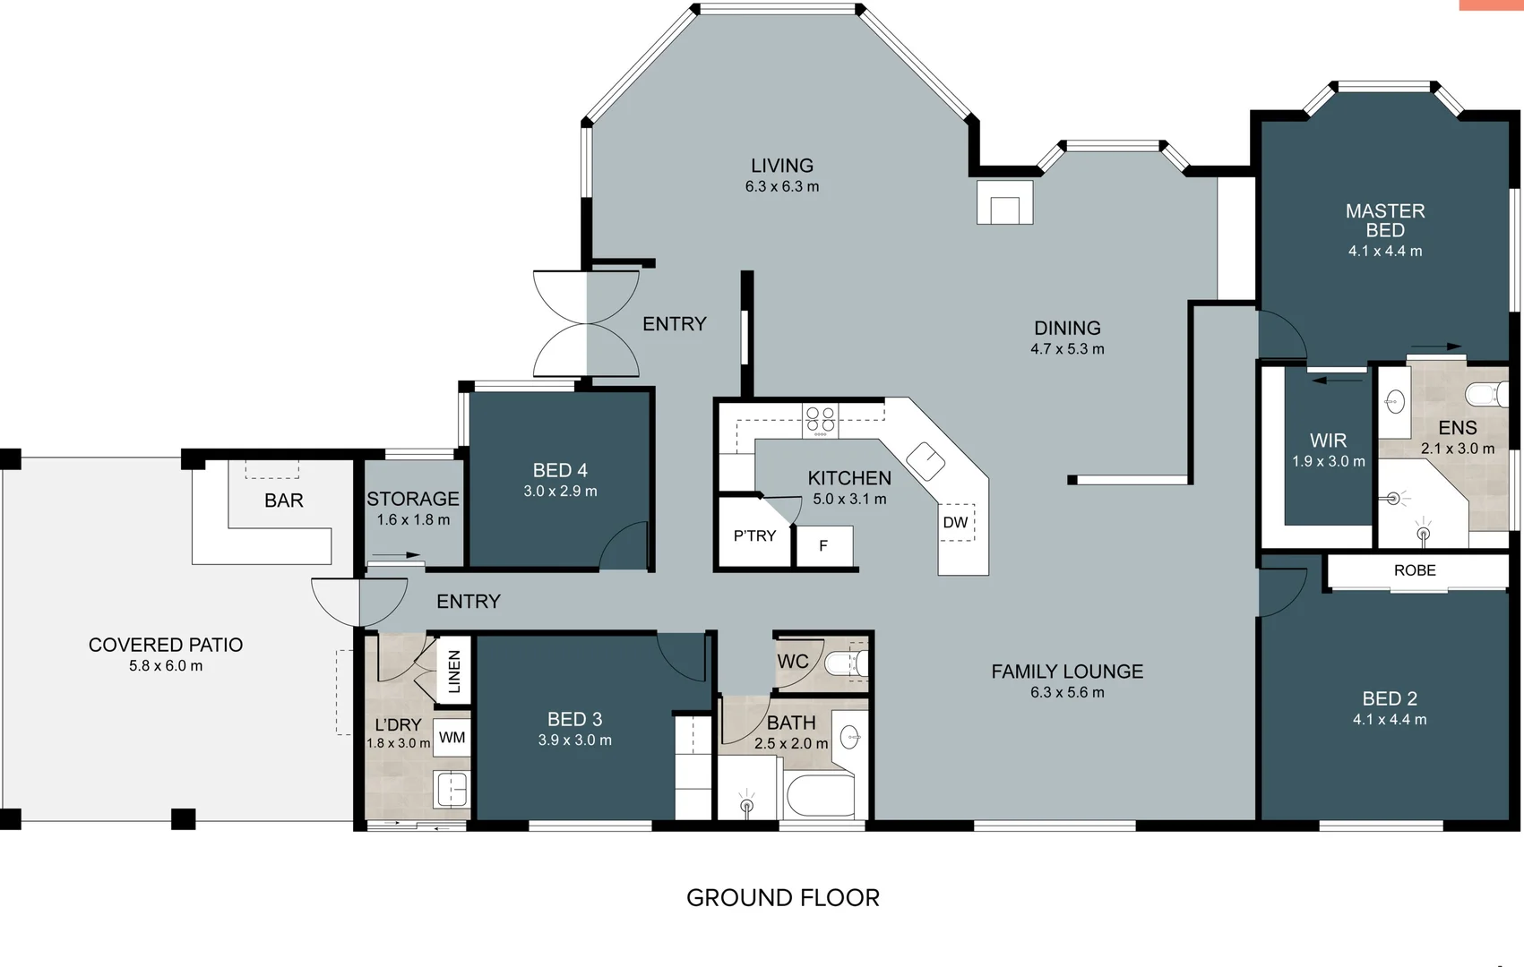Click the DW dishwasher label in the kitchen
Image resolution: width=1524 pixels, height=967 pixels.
coord(955,523)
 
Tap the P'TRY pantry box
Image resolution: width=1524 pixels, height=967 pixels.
coord(754,536)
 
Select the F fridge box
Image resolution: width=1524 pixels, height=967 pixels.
coord(823,546)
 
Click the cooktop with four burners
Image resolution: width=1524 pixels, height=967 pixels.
coord(820,419)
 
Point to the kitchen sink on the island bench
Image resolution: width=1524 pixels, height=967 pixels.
coord(926,461)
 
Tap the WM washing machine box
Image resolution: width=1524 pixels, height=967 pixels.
coord(452,738)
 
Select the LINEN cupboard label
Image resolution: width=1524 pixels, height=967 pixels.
coord(453,672)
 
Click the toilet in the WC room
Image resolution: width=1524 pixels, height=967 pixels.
coord(845,663)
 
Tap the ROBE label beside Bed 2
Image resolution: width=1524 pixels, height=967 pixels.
coord(1415,570)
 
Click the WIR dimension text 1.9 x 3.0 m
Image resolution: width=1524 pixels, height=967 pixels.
coord(1328,462)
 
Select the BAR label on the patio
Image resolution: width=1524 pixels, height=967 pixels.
coord(283,501)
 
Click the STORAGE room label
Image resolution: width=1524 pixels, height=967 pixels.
coord(412,499)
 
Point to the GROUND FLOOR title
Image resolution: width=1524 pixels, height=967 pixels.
coord(782,898)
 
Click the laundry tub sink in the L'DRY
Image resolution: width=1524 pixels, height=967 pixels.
coord(452,790)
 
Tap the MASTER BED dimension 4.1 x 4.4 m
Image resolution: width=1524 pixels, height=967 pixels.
coord(1384,252)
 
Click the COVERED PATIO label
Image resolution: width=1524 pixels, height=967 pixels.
coord(166,645)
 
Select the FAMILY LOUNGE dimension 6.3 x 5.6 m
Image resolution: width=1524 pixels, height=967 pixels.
coord(1066,692)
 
